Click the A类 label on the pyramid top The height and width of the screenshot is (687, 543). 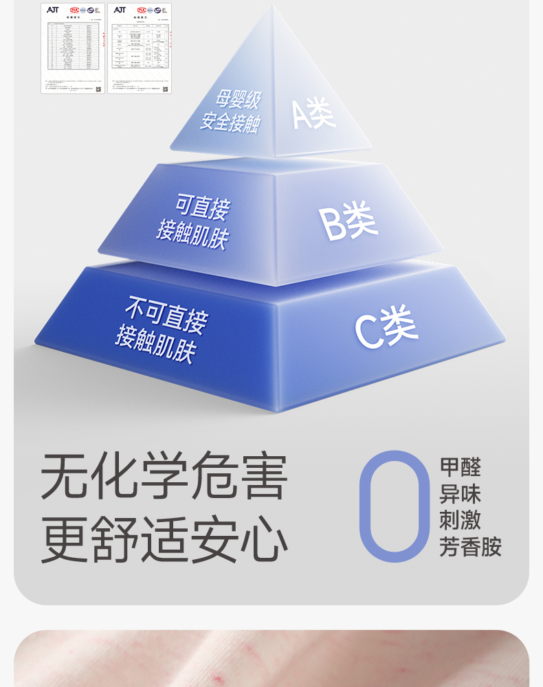tap(314, 113)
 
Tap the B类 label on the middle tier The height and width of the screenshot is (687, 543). tap(348, 222)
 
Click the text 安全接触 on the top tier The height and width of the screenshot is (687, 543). tap(230, 123)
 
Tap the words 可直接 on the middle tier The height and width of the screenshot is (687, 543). tap(202, 206)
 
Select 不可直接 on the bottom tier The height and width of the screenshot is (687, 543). tap(166, 313)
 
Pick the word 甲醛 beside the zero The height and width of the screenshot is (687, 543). tap(461, 468)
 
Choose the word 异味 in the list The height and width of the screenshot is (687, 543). tap(461, 495)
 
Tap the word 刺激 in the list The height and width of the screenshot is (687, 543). tap(461, 521)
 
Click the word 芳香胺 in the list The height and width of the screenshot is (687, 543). tap(471, 548)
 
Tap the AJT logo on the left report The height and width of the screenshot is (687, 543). tap(53, 10)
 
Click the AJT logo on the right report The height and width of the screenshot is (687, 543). tap(120, 10)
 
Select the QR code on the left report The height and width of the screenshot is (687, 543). tap(98, 89)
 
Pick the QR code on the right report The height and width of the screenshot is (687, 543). tap(165, 89)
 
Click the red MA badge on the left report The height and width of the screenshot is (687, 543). tap(74, 10)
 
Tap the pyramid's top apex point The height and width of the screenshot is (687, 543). tap(273, 6)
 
